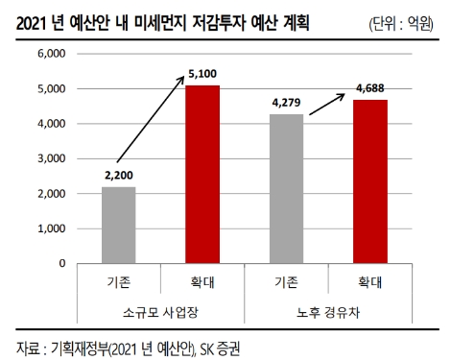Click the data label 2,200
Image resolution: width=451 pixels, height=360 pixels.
point(119,175)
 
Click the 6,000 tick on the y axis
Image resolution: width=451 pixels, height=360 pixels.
point(50,54)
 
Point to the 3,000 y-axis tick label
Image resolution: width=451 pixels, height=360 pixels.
point(50,158)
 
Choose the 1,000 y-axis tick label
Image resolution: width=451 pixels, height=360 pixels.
point(50,228)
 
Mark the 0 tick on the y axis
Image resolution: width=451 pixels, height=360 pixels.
point(61,263)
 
